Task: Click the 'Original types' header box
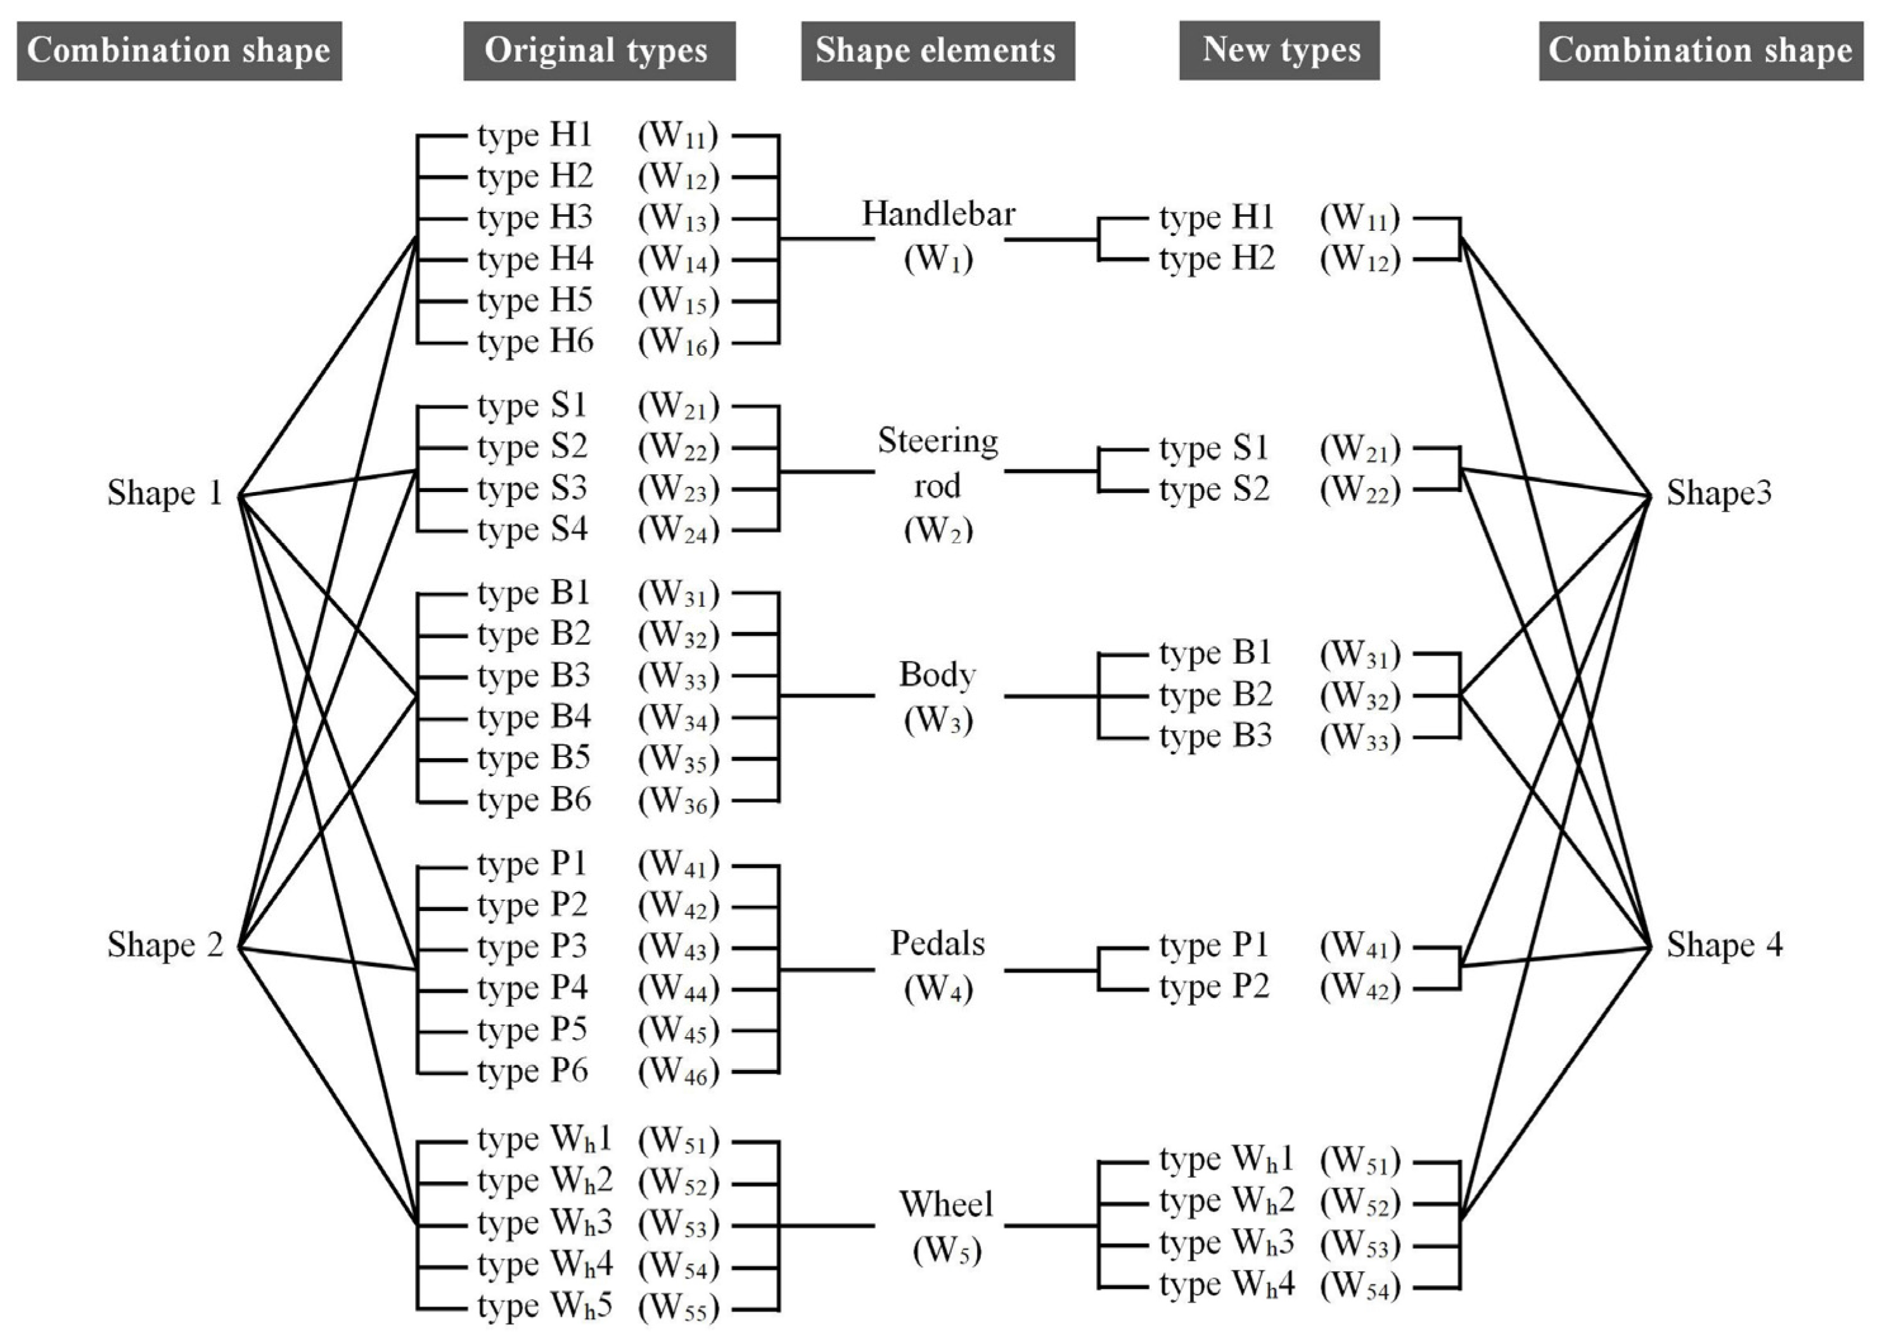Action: pyautogui.click(x=599, y=51)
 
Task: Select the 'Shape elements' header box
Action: pyautogui.click(x=937, y=51)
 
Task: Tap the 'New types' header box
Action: pyautogui.click(x=1279, y=51)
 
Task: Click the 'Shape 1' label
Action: pyautogui.click(x=165, y=493)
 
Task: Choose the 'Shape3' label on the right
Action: pyautogui.click(x=1719, y=493)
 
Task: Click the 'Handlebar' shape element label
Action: pyautogui.click(x=938, y=214)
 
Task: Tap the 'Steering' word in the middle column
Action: pyautogui.click(x=938, y=441)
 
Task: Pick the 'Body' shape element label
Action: pyautogui.click(x=937, y=675)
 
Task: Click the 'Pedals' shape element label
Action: pyautogui.click(x=937, y=943)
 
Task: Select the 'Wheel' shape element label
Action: pyautogui.click(x=945, y=1204)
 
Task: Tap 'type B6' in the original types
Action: pyautogui.click(x=534, y=800)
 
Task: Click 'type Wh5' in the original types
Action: pyautogui.click(x=544, y=1306)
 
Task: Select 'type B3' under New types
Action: pyautogui.click(x=1215, y=736)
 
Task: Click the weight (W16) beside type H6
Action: pyautogui.click(x=679, y=342)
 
